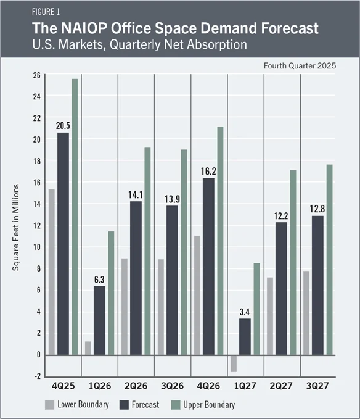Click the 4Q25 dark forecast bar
coord(63,244)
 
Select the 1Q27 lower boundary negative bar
coord(234,363)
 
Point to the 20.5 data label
coord(63,125)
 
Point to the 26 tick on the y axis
coord(37,75)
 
